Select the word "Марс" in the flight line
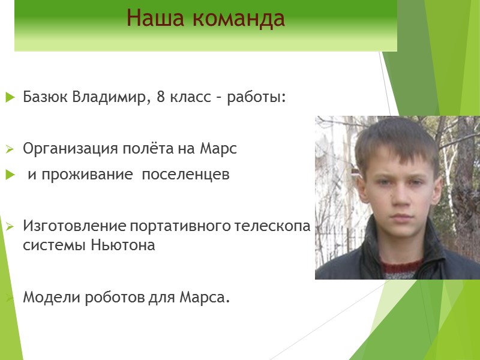click(220, 149)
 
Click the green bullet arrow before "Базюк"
click(10, 97)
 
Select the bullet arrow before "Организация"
click(10, 149)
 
